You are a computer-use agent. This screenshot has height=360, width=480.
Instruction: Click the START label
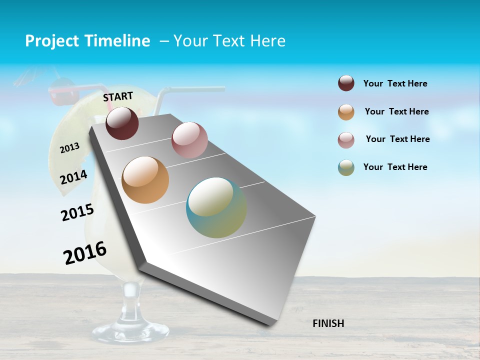click(118, 96)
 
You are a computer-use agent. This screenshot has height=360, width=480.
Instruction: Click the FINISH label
click(328, 323)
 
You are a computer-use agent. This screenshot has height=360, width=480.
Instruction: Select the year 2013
click(69, 148)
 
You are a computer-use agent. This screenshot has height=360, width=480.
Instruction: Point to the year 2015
click(77, 212)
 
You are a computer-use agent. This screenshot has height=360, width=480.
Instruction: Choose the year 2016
click(84, 253)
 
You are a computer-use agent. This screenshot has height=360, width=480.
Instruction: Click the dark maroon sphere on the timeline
click(122, 123)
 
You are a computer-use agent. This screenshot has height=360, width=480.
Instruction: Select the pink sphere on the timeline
click(189, 140)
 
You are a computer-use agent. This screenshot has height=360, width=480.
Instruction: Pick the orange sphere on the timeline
click(145, 180)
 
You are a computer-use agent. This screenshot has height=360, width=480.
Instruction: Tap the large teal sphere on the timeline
click(216, 207)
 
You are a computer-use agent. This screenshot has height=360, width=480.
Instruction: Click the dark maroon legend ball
click(346, 83)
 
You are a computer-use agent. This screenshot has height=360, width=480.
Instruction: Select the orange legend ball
click(346, 112)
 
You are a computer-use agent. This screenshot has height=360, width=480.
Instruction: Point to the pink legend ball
click(346, 140)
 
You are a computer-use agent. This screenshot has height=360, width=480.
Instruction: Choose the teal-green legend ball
click(346, 167)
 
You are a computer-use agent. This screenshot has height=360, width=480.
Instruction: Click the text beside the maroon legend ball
click(395, 84)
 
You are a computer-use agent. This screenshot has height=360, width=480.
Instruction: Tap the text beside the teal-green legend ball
click(395, 167)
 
